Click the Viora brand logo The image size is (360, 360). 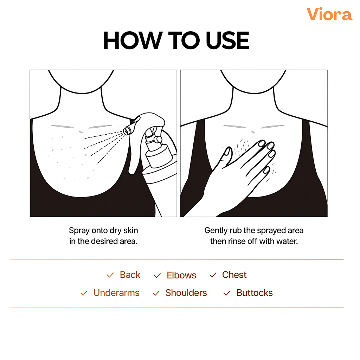pos(329,14)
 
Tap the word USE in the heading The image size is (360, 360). pos(227,40)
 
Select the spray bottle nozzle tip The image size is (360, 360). pos(127,131)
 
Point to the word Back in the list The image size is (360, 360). pos(130,275)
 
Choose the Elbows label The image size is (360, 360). pos(181,275)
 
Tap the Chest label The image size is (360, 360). pos(234,275)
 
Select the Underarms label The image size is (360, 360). pos(116,293)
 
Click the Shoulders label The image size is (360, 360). pos(186,293)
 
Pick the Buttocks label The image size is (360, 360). pos(255,293)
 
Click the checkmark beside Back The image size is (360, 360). pos(110,275)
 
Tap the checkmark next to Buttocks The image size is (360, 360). pos(227,293)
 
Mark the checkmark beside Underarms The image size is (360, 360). pos(84,293)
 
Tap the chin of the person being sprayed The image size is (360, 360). pos(82,91)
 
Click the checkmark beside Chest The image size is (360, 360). pos(213,275)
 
